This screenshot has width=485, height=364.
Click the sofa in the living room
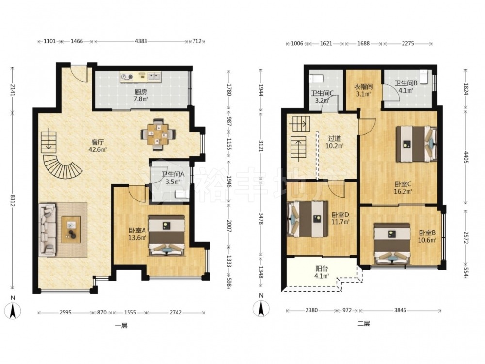[x=48, y=230]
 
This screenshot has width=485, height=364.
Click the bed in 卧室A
[x=167, y=235]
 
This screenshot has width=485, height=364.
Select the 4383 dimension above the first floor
[x=141, y=41]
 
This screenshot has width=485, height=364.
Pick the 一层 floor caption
[x=121, y=325]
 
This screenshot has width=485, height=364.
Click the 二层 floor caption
[x=363, y=323]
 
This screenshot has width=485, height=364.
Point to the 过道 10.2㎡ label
[x=334, y=142]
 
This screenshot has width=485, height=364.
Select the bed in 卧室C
[x=417, y=144]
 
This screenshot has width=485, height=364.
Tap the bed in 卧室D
[x=307, y=219]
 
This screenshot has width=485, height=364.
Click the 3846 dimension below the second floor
[x=400, y=310]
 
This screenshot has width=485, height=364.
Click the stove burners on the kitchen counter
[x=127, y=77]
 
